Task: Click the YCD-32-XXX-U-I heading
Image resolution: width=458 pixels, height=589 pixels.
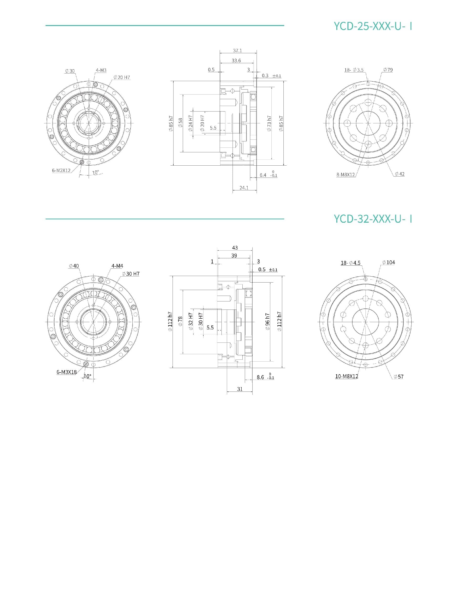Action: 373,219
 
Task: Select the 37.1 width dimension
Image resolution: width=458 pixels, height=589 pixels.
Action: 238,50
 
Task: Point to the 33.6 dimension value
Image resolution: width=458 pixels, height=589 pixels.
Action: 236,60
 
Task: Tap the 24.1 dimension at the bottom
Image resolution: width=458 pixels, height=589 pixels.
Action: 244,188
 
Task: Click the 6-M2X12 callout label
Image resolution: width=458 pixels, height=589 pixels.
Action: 61,170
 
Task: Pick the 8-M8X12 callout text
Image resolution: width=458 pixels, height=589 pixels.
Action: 346,174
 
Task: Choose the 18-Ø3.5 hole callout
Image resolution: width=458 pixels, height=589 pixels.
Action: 354,70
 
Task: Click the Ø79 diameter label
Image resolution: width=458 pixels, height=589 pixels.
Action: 388,70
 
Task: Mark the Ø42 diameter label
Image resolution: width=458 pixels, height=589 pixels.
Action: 400,174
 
